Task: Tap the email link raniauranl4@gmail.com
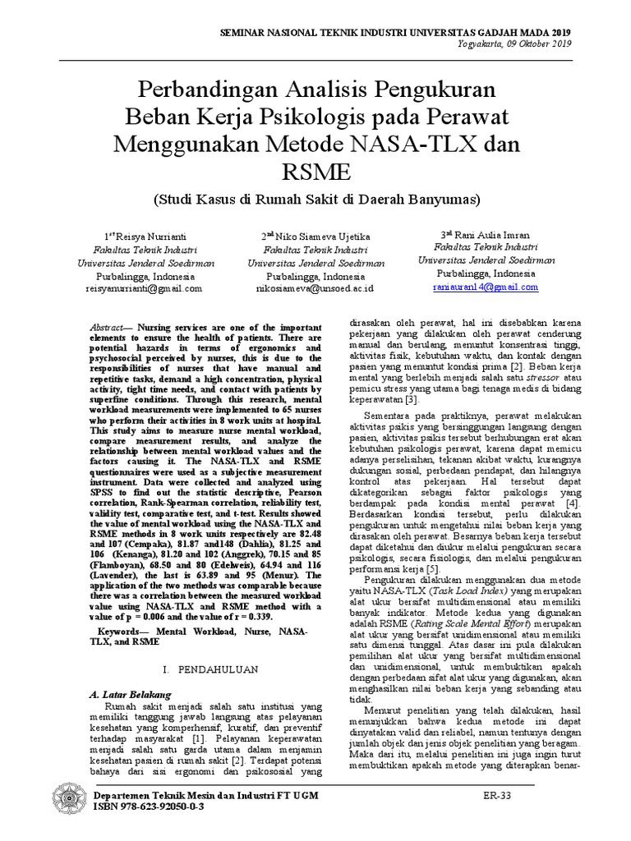[x=485, y=287]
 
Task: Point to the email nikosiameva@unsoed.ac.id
[x=315, y=288]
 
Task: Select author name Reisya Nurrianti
[x=150, y=237]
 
